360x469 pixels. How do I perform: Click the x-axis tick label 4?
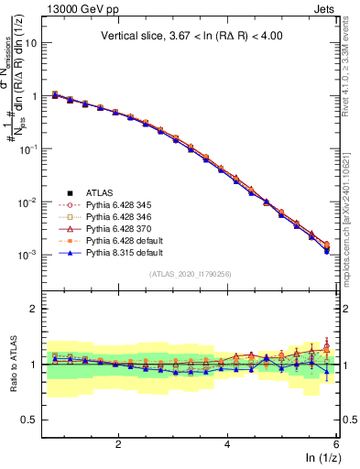227,442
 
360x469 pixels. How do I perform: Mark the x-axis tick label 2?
118,442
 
